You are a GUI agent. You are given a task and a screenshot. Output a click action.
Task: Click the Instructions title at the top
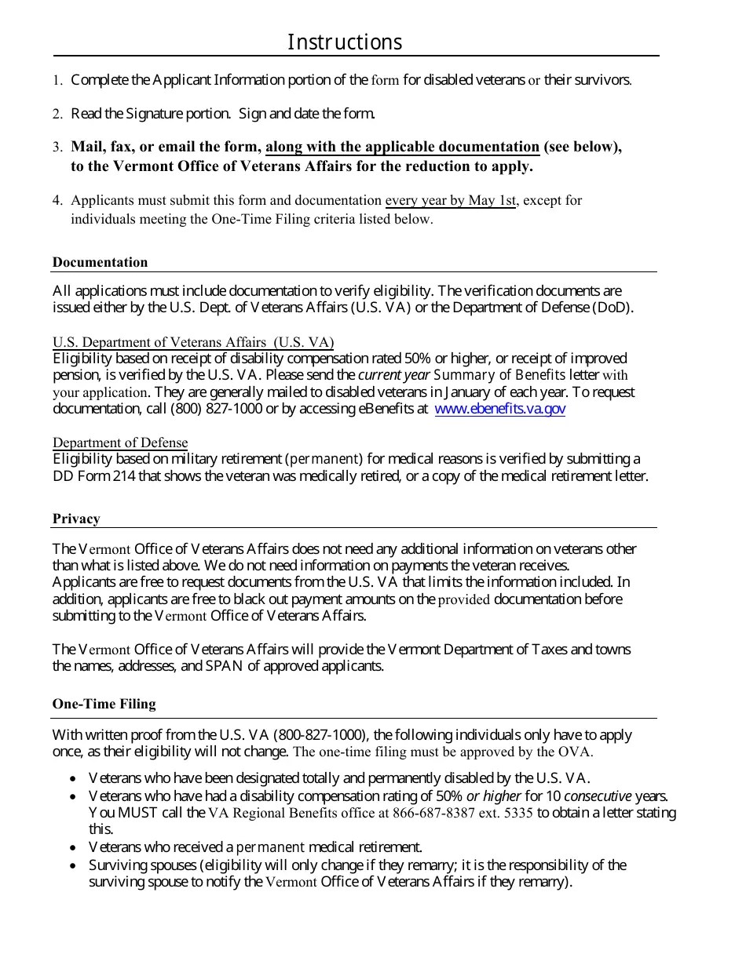point(344,42)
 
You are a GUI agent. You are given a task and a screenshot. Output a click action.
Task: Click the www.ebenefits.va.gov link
point(499,409)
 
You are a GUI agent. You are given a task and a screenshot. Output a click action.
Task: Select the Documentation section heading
point(100,262)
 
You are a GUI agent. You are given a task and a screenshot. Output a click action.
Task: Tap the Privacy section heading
point(76,519)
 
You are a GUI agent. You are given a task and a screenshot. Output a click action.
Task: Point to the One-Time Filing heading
point(104,704)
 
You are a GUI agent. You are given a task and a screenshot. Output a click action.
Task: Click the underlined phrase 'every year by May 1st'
point(450,200)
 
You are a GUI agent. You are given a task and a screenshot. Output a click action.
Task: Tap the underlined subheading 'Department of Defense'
point(120,442)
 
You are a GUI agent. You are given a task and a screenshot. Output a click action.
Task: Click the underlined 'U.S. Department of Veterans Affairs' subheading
point(192,342)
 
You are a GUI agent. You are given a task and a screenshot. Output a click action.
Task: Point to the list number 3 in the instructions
point(57,147)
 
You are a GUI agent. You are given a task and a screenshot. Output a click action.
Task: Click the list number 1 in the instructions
point(57,80)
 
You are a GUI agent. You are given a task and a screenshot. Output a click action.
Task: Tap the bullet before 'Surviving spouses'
point(72,866)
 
